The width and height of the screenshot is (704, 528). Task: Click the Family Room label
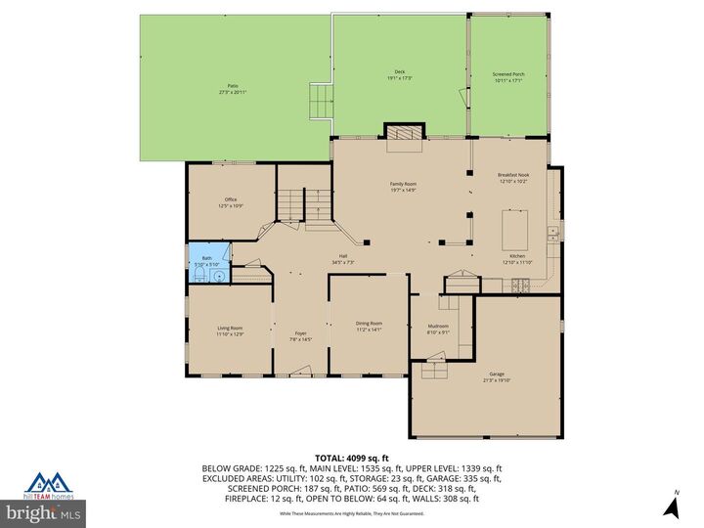click(x=404, y=184)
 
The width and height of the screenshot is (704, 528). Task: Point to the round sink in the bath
click(x=219, y=276)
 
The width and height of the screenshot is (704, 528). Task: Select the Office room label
click(x=231, y=201)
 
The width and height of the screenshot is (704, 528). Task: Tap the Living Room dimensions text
click(x=230, y=334)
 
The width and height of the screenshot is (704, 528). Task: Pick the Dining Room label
click(x=369, y=323)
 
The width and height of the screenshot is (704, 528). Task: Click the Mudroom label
click(x=438, y=326)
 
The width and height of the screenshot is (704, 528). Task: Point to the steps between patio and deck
click(x=321, y=100)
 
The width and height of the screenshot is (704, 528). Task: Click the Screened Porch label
click(x=508, y=74)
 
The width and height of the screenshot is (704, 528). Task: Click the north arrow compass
click(x=671, y=505)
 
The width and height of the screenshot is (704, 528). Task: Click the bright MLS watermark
click(x=43, y=512)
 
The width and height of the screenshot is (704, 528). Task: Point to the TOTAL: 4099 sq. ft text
click(x=351, y=458)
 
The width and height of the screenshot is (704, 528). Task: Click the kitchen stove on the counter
click(x=520, y=285)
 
